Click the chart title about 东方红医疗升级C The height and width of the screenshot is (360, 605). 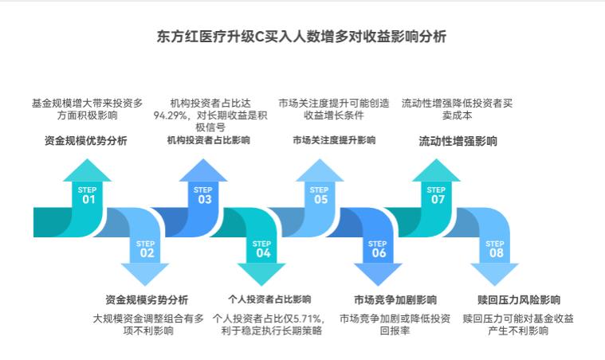click(x=302, y=37)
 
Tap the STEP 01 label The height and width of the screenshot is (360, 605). click(x=88, y=196)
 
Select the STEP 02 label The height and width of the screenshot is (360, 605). click(x=146, y=249)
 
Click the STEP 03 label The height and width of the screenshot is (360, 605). click(x=203, y=196)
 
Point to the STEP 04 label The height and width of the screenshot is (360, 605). click(x=262, y=249)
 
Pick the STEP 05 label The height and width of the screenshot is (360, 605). click(x=320, y=196)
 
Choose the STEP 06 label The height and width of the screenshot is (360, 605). click(x=378, y=249)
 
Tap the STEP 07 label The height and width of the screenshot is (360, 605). click(x=436, y=196)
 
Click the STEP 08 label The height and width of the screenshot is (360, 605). click(x=495, y=249)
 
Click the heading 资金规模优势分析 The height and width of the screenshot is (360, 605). click(x=85, y=141)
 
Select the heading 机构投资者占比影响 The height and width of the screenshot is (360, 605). click(x=208, y=141)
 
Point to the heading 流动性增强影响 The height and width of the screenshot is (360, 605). click(x=458, y=141)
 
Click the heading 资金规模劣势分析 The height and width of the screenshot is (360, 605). click(x=147, y=300)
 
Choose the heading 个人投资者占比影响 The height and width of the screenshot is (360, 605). click(x=269, y=300)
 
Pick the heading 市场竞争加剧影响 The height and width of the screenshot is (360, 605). click(x=395, y=300)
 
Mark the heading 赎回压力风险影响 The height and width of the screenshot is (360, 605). click(x=518, y=300)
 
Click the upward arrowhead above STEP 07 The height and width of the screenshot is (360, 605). click(x=436, y=169)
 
